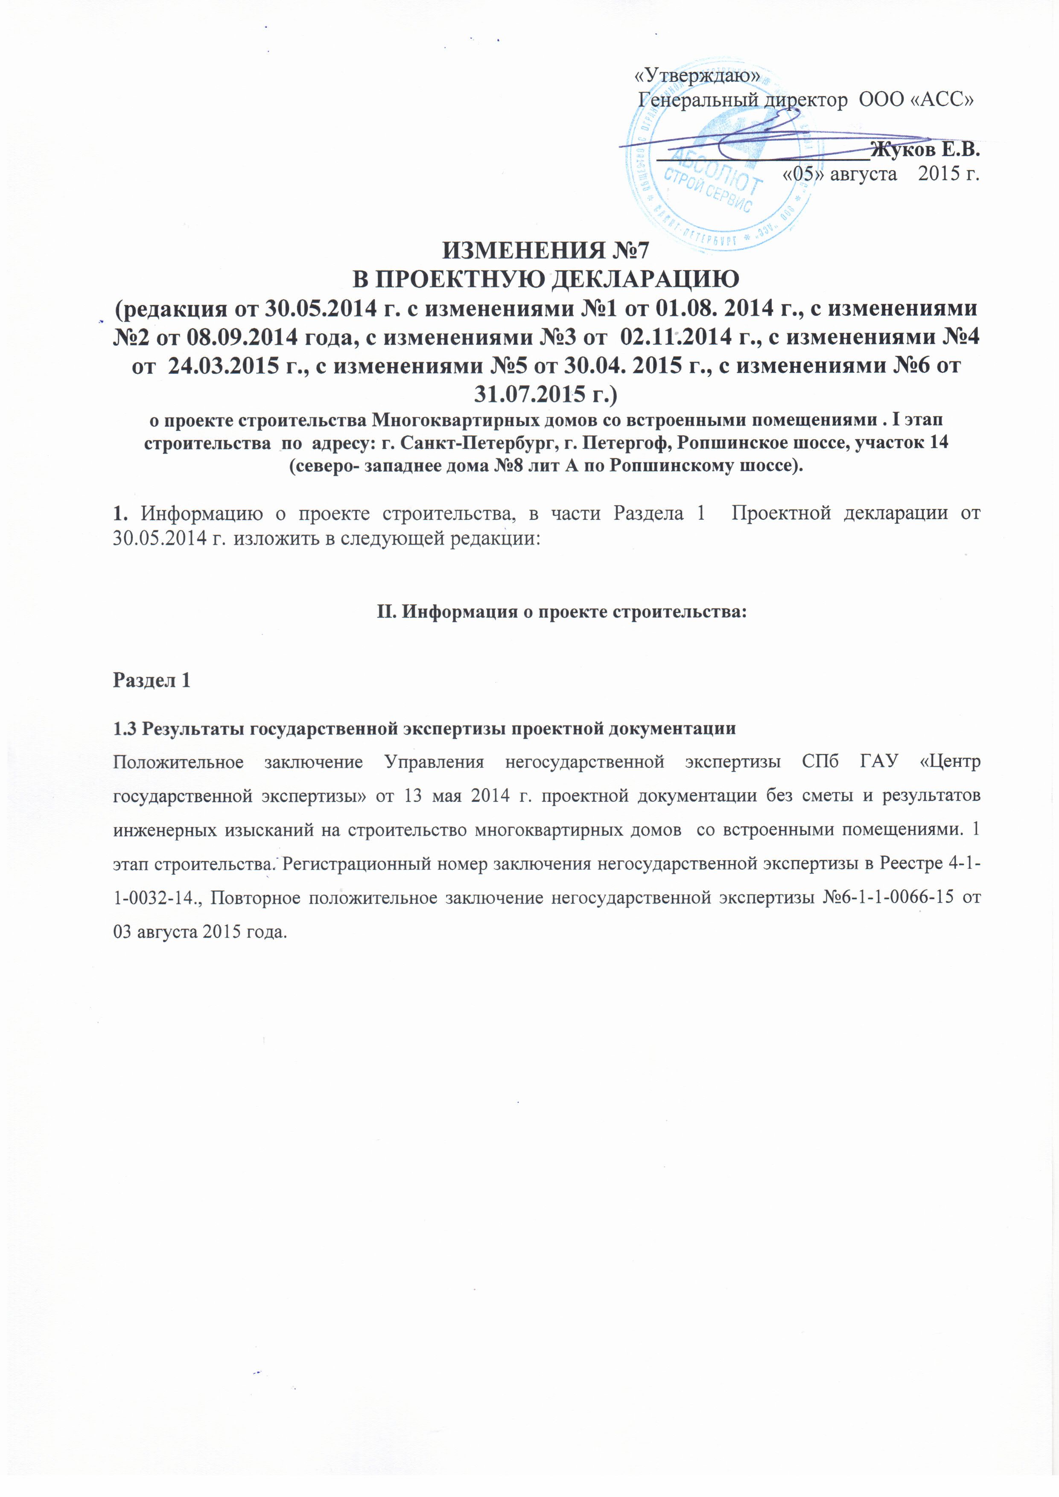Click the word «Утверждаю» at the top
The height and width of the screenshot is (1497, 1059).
pos(697,76)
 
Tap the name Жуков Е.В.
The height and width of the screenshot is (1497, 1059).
pos(925,150)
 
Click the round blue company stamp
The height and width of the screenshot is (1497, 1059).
pos(717,157)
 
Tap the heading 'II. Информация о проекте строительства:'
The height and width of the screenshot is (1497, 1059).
pos(561,612)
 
